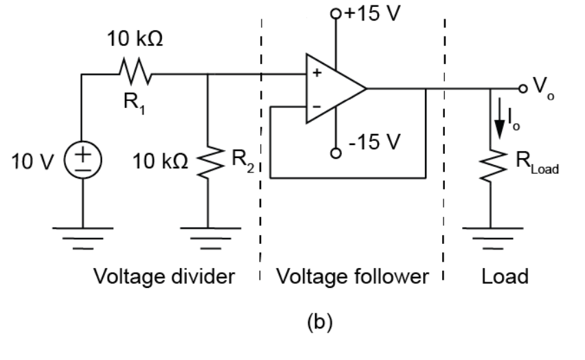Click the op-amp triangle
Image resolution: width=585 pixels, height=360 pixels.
pos(334,89)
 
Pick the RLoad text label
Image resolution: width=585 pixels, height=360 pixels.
pos(542,164)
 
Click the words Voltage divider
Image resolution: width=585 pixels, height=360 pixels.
pos(164,277)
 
